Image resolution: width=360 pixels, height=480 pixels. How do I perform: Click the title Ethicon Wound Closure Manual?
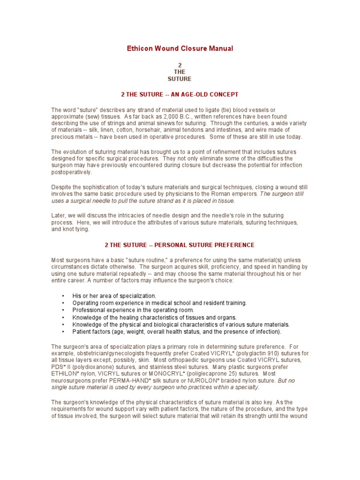180,48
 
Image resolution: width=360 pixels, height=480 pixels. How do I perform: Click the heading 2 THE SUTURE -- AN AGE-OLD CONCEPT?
180,94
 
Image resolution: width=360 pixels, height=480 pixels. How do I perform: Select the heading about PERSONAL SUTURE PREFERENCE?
180,245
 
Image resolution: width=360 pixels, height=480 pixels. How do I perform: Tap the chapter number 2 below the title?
180,65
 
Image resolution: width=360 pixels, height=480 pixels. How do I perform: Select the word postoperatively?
72,172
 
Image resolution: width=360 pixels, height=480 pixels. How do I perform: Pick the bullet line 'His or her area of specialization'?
114,296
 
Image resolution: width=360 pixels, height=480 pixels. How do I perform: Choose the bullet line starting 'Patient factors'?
177,332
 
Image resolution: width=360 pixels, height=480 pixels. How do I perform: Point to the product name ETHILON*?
67,374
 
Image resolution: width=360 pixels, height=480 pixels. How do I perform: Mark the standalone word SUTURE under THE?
180,79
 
